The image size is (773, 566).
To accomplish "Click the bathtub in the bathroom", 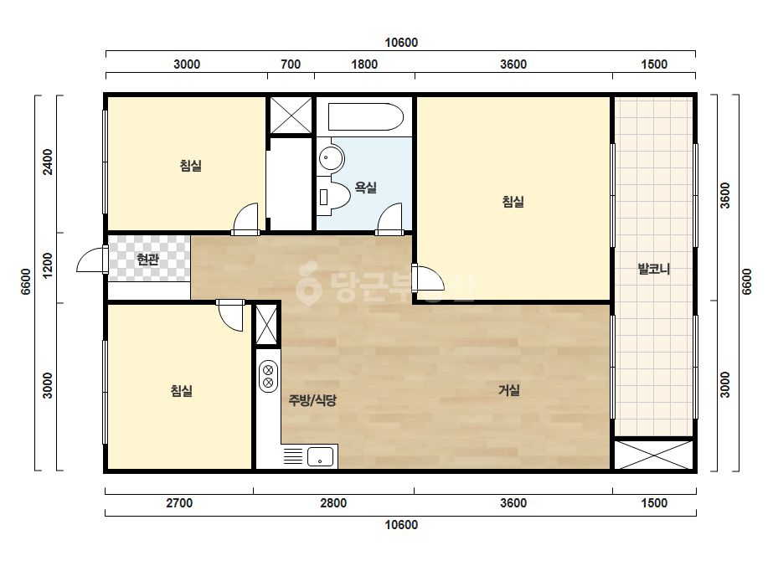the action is [x=365, y=117].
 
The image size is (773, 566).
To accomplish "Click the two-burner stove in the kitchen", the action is [x=268, y=376].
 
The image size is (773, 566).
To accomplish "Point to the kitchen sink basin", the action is [x=321, y=456].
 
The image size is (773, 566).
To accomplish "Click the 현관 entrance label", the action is [x=148, y=259].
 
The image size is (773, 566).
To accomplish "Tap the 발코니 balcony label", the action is [x=654, y=270].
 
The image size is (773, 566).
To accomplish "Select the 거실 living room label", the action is [x=508, y=390].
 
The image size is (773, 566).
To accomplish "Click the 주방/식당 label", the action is [x=312, y=400].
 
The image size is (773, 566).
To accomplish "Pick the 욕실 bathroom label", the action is [x=366, y=188].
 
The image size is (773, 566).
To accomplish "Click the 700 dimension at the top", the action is [x=291, y=64].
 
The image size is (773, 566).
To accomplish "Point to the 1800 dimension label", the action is [x=364, y=64].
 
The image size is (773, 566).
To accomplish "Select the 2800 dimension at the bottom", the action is [x=333, y=503].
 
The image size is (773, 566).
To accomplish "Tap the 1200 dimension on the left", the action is [x=48, y=265].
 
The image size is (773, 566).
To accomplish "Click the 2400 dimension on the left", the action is [x=48, y=162].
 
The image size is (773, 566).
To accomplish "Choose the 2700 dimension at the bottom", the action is [x=179, y=503].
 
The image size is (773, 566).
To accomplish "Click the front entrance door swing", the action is [x=91, y=260].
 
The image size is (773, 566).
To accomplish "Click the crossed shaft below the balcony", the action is [x=654, y=455].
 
